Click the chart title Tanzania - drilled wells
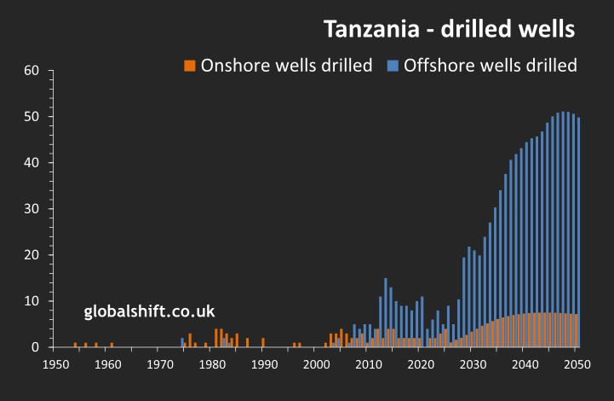click(x=450, y=29)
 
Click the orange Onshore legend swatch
click(x=190, y=66)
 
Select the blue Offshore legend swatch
click(x=393, y=66)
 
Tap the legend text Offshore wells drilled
click(x=491, y=66)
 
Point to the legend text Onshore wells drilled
click(x=286, y=66)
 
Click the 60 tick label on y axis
click(x=32, y=70)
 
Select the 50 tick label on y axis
click(x=32, y=116)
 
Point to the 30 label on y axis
click(x=32, y=208)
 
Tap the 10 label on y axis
click(x=32, y=301)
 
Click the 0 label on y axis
click(x=36, y=347)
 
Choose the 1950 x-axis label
click(x=55, y=365)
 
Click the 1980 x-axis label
click(x=211, y=365)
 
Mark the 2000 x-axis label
click(x=316, y=365)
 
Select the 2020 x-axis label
click(x=420, y=365)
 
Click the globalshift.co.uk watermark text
click(x=149, y=311)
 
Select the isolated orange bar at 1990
click(x=263, y=343)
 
